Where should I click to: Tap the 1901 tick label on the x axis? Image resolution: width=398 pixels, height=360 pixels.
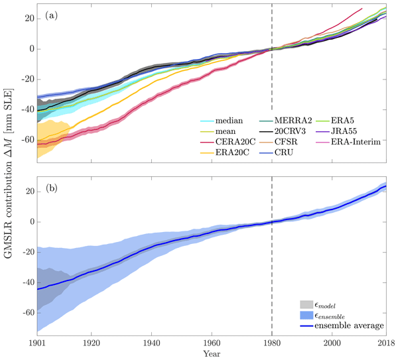pyautogui.click(x=38, y=342)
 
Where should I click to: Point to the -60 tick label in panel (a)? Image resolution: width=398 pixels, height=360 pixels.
pyautogui.click(x=26, y=140)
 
